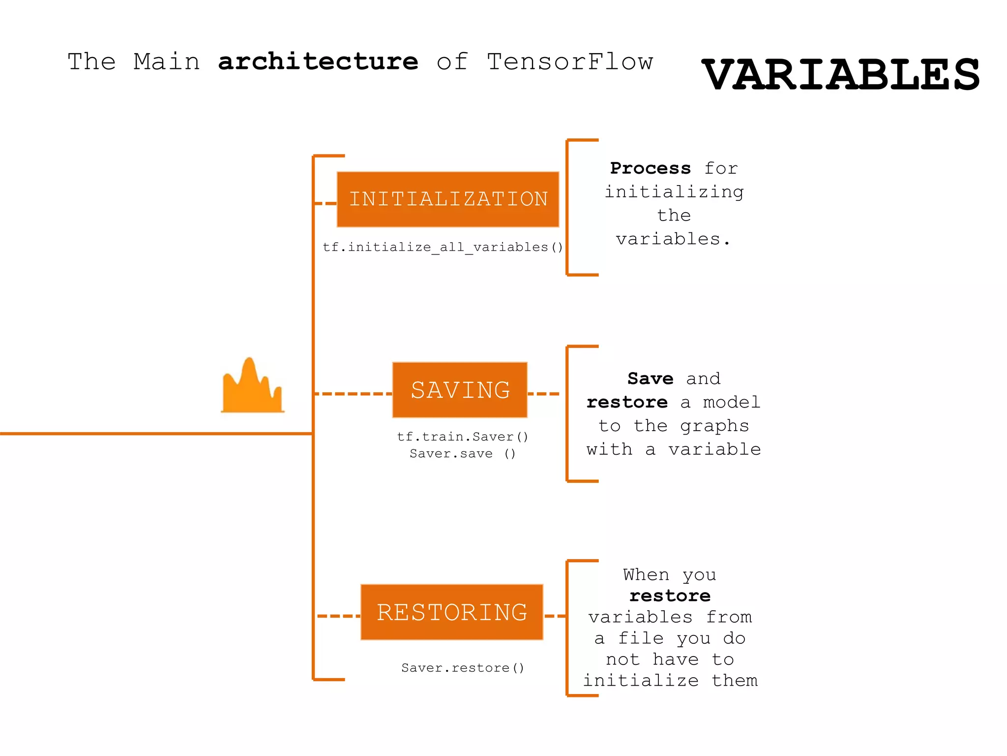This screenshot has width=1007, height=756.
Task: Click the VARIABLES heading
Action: pos(841,75)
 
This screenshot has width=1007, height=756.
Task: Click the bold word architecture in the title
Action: pos(318,62)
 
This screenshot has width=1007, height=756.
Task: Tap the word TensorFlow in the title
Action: pos(570,62)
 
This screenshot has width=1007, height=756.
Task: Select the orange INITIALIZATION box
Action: pos(448,199)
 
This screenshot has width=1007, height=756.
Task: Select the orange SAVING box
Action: pos(460,390)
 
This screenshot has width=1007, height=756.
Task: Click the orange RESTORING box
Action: pos(451,612)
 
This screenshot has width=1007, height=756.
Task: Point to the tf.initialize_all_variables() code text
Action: pos(443,247)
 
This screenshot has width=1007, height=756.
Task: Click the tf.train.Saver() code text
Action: pos(462,437)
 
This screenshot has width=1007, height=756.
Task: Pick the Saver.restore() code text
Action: pos(462,668)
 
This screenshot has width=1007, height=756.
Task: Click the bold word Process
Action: pos(650,168)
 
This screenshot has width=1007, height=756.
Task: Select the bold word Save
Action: pos(650,378)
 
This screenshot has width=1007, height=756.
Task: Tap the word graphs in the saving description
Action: pos(714,426)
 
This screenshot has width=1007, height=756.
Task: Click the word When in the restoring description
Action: pos(646,575)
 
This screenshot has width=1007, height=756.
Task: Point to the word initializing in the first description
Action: pos(674,192)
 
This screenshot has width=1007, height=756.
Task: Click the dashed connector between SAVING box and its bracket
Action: pos(543,394)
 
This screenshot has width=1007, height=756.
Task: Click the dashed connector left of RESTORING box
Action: pos(338,616)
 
